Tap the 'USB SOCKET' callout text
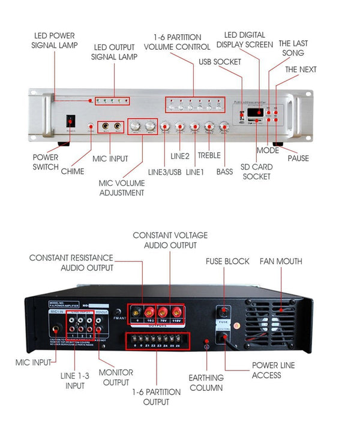click(x=220, y=62)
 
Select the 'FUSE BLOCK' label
click(x=228, y=261)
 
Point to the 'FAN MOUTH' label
click(x=281, y=261)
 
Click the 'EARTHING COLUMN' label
click(x=206, y=382)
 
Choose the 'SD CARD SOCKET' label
click(x=257, y=171)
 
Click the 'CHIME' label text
click(x=73, y=171)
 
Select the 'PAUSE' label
click(x=298, y=158)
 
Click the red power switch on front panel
click(x=70, y=120)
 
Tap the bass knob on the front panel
click(x=224, y=126)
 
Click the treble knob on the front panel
click(x=209, y=126)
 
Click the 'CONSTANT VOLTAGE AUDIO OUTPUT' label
click(x=166, y=240)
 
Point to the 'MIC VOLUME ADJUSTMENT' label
click(x=122, y=187)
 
